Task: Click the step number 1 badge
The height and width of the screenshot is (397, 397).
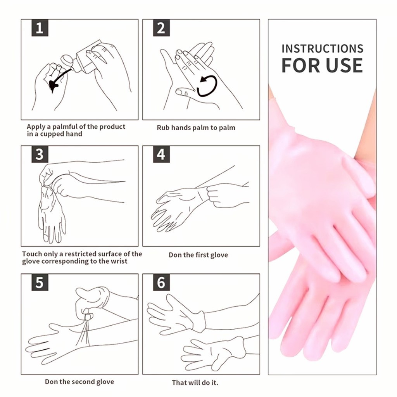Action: [x=40, y=28]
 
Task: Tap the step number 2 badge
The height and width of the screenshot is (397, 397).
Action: [x=161, y=28]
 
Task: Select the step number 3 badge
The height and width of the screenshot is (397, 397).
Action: [x=40, y=154]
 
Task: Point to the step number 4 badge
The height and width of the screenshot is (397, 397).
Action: [x=161, y=154]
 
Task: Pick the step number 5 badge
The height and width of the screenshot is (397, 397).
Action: [x=40, y=282]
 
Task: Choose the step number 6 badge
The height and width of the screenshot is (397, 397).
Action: [x=161, y=282]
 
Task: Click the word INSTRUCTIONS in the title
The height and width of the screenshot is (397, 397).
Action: [x=323, y=49]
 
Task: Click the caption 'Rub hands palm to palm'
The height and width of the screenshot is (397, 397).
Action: [x=196, y=128]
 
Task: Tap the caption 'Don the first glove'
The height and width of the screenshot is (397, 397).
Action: [x=198, y=255]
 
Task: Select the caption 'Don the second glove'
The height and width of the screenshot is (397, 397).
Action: [x=79, y=381]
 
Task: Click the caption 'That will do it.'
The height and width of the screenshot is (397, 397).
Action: [x=195, y=382]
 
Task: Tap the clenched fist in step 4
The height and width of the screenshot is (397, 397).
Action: [x=219, y=195]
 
